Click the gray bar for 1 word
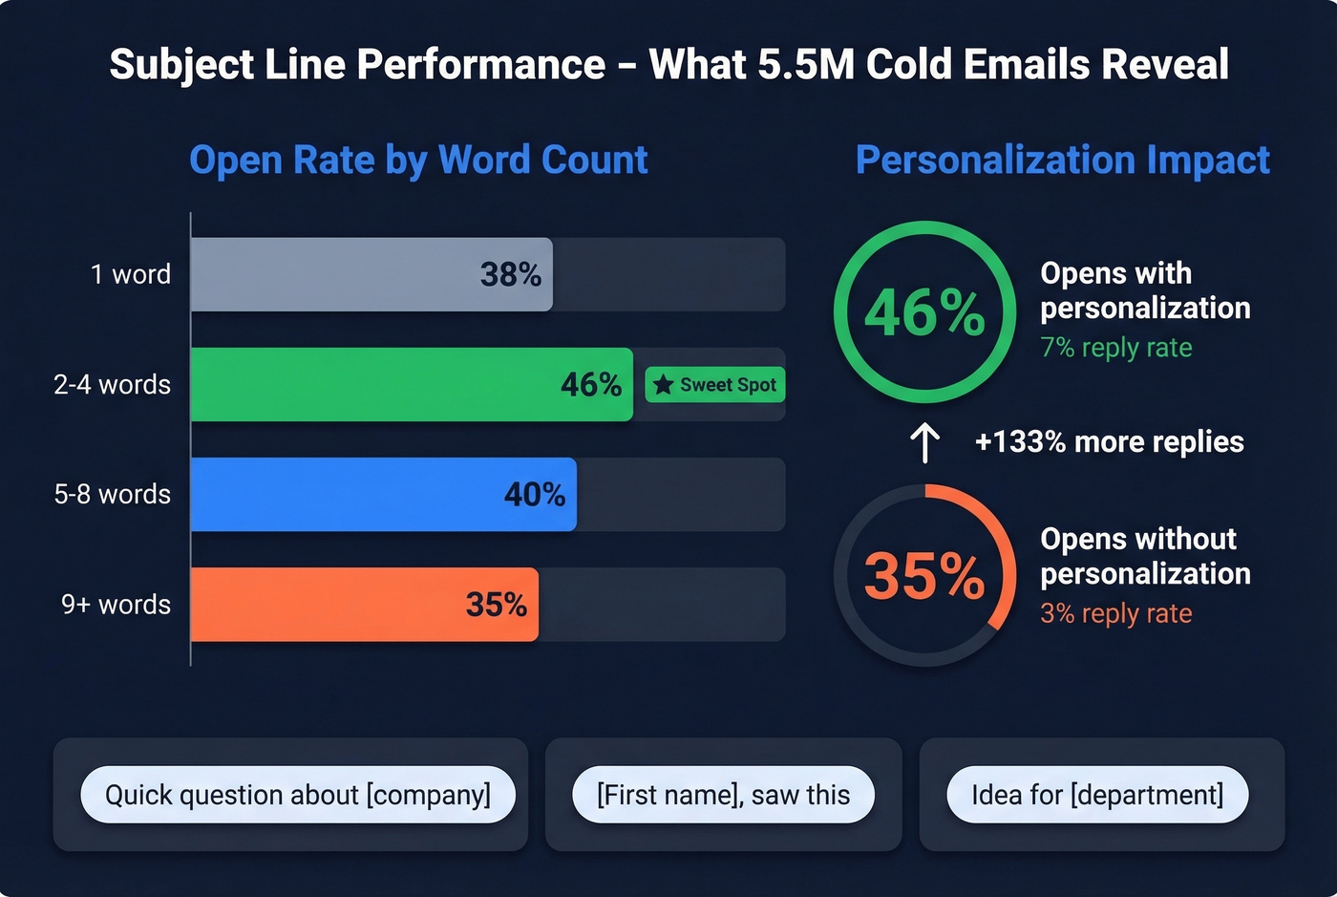point(371,274)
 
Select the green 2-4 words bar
point(411,384)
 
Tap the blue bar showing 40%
point(382,494)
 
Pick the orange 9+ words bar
point(363,604)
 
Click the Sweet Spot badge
point(715,385)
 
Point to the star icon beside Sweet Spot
point(664,385)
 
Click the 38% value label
point(511,275)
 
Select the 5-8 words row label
point(112,494)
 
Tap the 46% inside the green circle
point(923,312)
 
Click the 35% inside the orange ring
point(923,576)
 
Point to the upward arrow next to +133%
point(924,442)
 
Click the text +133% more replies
point(1109,442)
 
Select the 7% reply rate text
point(1115,348)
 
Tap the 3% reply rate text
point(1115,613)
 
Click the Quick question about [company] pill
point(298,795)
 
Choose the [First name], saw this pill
point(723,795)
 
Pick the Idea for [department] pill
point(1097,795)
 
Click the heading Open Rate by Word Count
point(418,160)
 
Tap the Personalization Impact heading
point(1062,160)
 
